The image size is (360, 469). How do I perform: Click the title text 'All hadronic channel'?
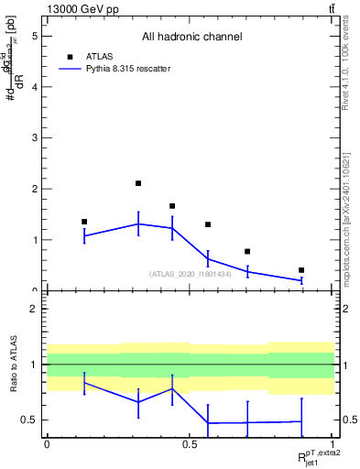(x=191, y=38)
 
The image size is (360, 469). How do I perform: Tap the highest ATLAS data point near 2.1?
(x=138, y=183)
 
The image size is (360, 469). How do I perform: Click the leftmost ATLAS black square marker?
(x=84, y=222)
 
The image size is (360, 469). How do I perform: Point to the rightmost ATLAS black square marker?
(x=301, y=270)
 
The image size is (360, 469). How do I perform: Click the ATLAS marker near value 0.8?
(x=247, y=251)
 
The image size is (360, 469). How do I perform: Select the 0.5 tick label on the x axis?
(x=190, y=443)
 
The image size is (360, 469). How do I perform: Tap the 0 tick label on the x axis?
(x=47, y=443)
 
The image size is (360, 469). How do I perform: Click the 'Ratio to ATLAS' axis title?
(x=12, y=364)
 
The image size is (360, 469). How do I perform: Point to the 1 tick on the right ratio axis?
(x=343, y=365)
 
